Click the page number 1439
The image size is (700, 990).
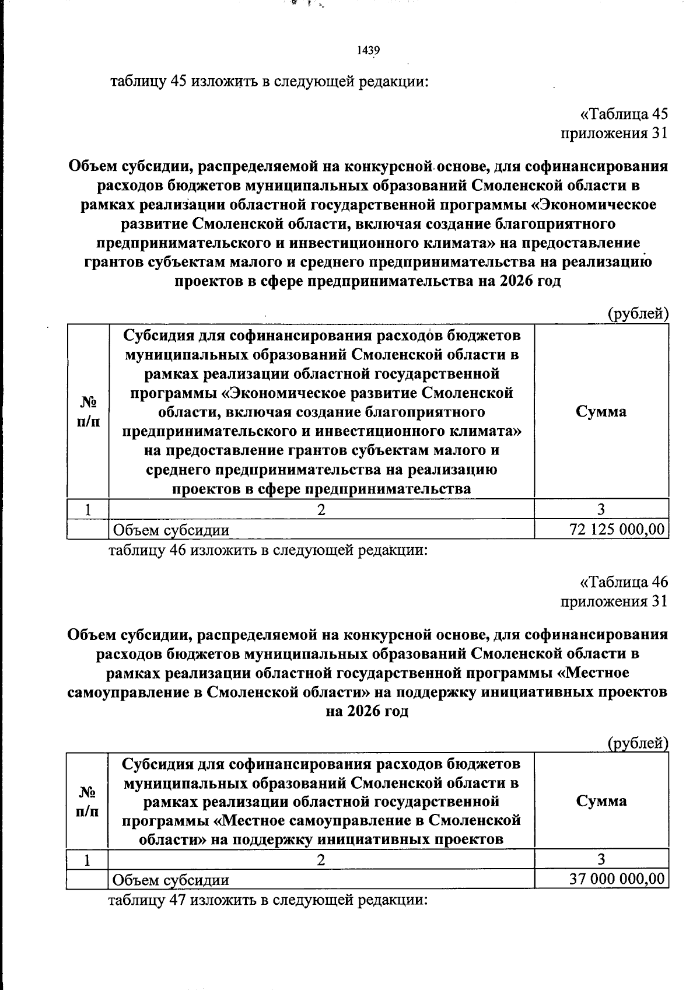tap(368, 51)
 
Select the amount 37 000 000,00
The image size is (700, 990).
tap(617, 879)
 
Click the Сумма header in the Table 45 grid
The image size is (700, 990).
tap(601, 411)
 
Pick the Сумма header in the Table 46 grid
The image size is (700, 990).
tap(601, 800)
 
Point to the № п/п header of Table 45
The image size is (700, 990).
tap(87, 411)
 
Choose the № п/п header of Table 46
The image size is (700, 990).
tap(87, 801)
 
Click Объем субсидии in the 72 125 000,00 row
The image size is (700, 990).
tap(171, 530)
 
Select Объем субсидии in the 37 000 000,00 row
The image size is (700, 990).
tap(171, 879)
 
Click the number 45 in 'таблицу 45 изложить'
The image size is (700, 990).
tap(177, 81)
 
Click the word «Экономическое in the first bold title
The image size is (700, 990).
tap(594, 205)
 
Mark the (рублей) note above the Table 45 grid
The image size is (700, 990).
tap(638, 314)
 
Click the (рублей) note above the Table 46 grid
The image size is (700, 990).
tap(638, 743)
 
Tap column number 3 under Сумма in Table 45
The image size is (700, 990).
tap(601, 509)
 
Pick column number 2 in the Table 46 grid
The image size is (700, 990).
tap(321, 859)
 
